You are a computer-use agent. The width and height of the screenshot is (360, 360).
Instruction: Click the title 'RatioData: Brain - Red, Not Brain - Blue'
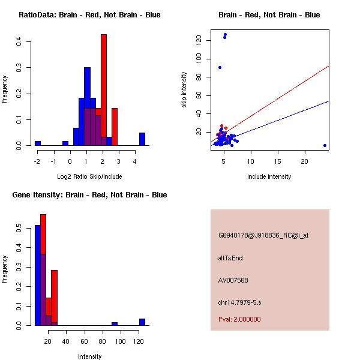(89, 14)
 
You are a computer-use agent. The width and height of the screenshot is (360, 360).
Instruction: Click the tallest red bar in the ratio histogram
(104, 90)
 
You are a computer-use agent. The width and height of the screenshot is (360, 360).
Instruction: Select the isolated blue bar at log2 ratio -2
(38, 143)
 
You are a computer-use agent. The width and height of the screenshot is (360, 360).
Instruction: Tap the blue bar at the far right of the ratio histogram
(142, 139)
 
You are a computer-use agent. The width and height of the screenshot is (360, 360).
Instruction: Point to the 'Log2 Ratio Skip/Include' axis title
(89, 176)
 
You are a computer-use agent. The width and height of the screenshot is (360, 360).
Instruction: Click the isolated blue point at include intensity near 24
(325, 145)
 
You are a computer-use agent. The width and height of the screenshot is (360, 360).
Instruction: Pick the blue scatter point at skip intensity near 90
(220, 67)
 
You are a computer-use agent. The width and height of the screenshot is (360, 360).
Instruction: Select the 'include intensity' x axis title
(269, 176)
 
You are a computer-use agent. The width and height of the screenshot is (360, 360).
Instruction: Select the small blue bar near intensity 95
(114, 323)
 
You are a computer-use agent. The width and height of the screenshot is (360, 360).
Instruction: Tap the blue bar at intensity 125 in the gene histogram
(142, 322)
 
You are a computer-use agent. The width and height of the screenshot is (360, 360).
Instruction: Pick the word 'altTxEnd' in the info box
(230, 258)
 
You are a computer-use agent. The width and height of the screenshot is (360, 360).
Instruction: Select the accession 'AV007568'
(233, 280)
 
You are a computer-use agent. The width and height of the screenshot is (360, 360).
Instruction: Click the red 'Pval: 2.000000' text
(239, 319)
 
